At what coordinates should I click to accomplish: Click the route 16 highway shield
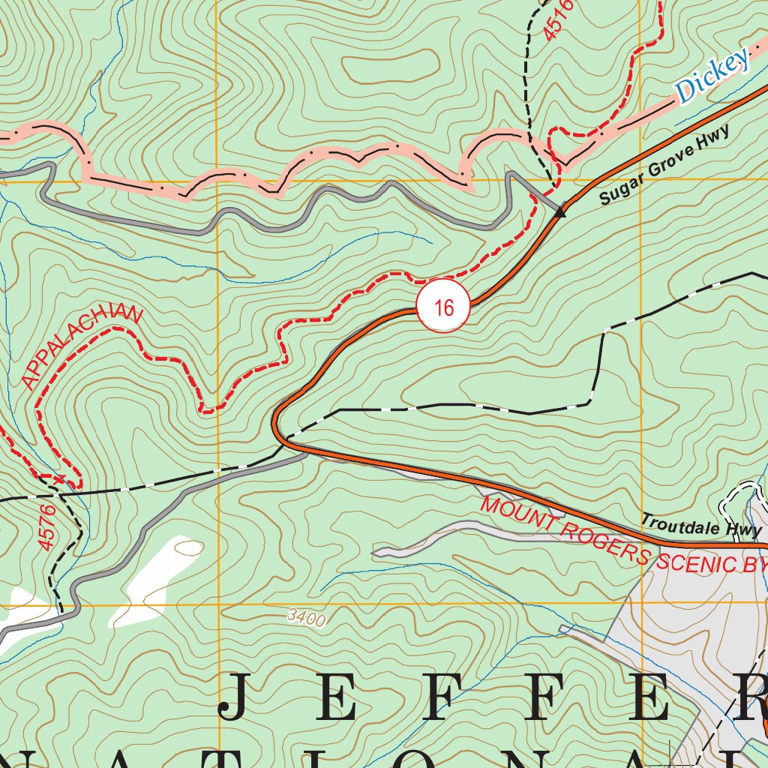443,307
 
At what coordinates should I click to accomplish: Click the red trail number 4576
46,527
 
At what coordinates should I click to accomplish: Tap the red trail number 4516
559,19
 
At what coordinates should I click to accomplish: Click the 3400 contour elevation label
306,619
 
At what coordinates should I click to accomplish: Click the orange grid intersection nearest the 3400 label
217,604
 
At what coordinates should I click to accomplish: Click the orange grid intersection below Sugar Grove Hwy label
642,181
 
